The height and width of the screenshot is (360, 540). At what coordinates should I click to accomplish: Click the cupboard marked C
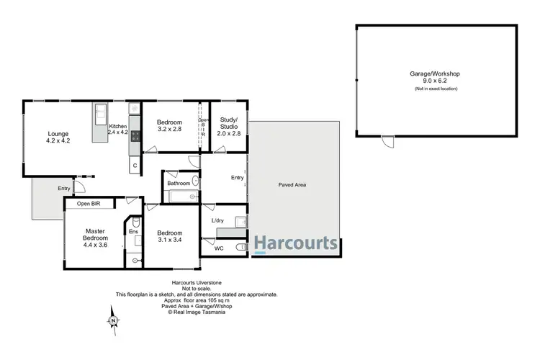134,166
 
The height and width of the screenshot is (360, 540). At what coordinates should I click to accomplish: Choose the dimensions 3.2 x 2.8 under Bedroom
169,132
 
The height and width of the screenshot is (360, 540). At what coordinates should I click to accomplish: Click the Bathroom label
179,184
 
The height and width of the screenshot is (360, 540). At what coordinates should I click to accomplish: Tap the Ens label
133,232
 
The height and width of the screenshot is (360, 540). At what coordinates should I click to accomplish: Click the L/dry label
217,220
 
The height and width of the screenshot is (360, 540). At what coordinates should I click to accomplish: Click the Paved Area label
292,185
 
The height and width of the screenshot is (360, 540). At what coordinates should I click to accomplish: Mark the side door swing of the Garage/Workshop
388,143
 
